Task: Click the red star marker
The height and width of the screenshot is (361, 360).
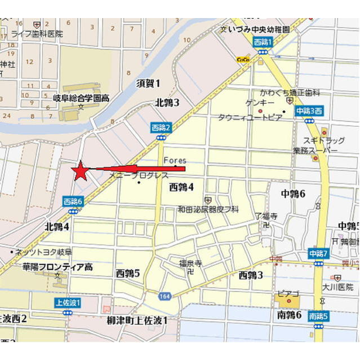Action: click(81, 170)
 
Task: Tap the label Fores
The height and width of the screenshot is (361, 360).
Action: click(175, 161)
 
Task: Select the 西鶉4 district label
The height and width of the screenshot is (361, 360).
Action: click(181, 187)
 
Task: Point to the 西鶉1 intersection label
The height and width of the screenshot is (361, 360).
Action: click(263, 42)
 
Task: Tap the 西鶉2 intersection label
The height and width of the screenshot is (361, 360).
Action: click(161, 128)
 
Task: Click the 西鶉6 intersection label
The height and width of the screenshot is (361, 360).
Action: click(73, 201)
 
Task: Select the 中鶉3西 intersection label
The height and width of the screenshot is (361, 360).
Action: click(309, 111)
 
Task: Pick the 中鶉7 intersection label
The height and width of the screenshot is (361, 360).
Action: click(318, 254)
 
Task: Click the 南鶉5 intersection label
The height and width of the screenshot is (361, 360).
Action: click(318, 316)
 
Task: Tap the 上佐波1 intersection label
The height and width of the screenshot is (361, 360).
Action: click(68, 302)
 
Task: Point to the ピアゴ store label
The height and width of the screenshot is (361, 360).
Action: click(287, 294)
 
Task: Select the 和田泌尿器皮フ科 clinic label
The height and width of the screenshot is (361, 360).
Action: click(208, 209)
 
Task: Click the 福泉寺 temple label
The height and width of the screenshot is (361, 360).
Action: click(190, 263)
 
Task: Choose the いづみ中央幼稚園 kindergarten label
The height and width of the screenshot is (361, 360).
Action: click(259, 28)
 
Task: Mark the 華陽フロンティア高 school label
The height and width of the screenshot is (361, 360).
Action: click(57, 266)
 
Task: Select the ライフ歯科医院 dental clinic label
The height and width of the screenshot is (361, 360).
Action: click(37, 34)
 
